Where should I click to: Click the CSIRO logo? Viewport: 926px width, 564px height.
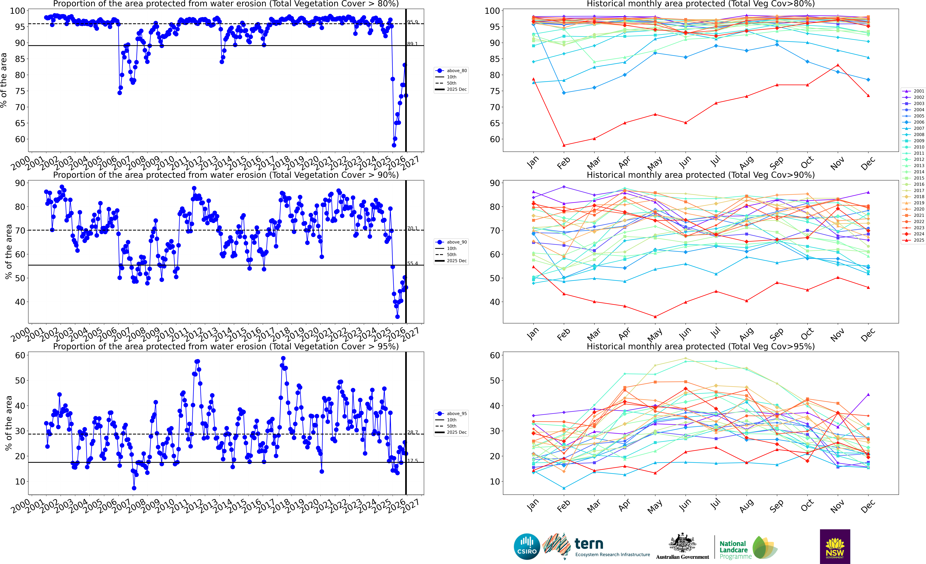[527, 546]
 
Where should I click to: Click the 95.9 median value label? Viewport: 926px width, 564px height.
[412, 22]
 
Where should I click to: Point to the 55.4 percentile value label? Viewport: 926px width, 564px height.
[412, 263]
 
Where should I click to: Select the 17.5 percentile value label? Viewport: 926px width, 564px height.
[412, 461]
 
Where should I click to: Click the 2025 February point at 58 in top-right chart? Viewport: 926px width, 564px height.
[564, 145]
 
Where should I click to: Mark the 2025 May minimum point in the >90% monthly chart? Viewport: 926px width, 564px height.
[655, 317]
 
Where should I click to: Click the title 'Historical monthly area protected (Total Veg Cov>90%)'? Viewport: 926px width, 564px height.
[701, 175]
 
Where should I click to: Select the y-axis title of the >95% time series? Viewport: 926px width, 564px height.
[8, 423]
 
